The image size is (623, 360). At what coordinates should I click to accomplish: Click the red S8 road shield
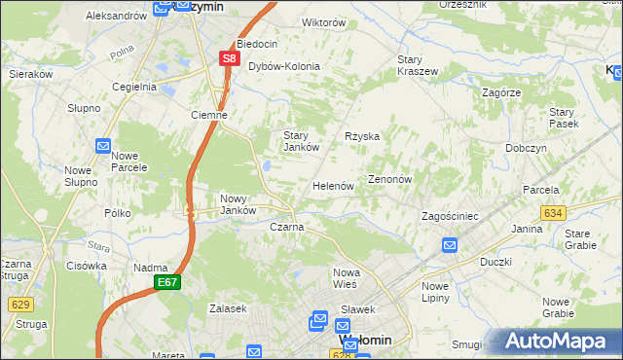pos(229,58)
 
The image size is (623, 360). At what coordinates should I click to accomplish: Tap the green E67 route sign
pos(166,282)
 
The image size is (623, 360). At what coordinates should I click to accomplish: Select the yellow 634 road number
pos(553,212)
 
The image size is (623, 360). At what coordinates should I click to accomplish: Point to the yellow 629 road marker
pos(20,305)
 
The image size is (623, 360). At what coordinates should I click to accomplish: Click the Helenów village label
pos(332,186)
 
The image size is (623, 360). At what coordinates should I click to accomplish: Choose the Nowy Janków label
pos(238,203)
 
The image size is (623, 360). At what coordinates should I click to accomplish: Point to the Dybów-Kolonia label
pos(284,66)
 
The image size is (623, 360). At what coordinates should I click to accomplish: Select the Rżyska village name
pos(362,137)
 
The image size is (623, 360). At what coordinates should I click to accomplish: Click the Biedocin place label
pos(257,44)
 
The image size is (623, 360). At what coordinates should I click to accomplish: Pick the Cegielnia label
pos(134,87)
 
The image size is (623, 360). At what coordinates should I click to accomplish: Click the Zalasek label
pos(228,308)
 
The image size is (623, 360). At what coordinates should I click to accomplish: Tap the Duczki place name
pos(496,262)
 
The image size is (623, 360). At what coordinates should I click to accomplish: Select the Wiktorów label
pos(297,21)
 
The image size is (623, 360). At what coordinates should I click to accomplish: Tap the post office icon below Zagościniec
pos(450,245)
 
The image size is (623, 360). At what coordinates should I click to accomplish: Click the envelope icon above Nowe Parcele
pos(104,146)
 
